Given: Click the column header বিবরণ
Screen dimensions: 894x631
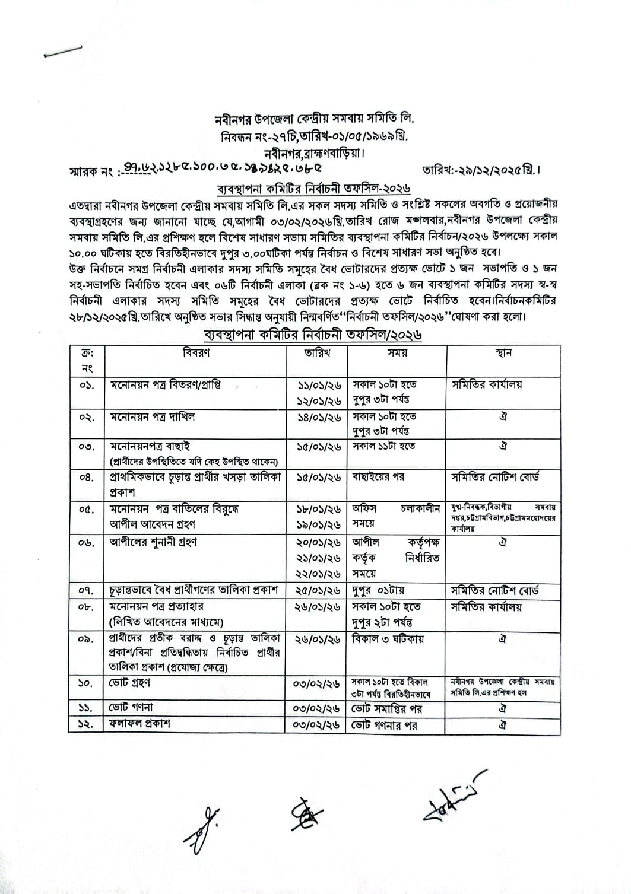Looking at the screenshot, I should [x=196, y=353].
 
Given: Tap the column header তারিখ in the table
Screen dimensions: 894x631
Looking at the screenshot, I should [x=317, y=353].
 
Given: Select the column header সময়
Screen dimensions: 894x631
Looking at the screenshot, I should [x=397, y=353].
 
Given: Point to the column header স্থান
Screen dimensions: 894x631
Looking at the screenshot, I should [x=503, y=353].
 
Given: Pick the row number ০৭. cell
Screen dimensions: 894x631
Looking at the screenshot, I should [x=87, y=591].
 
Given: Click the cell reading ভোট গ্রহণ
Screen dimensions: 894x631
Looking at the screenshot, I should [x=130, y=683].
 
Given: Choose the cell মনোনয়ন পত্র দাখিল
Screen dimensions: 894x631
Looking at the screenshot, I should [x=153, y=417].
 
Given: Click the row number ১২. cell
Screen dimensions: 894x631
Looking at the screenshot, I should [x=87, y=724].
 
